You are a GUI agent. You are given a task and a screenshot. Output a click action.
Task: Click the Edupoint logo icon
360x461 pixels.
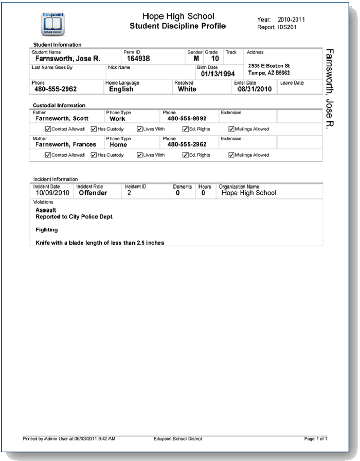52,23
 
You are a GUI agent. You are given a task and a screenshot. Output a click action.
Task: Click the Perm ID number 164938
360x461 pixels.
138,59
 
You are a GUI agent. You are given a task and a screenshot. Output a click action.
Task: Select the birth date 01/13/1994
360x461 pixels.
218,74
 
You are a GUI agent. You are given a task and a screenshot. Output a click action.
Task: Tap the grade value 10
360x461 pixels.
214,59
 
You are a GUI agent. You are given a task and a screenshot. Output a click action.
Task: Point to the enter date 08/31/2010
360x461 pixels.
254,89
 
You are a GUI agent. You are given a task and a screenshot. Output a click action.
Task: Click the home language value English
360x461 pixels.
121,89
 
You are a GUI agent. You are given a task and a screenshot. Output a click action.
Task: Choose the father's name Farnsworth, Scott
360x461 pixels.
62,119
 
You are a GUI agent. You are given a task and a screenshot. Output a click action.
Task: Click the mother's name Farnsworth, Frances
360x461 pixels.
65,144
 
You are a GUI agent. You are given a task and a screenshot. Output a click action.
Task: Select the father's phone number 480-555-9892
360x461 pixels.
187,119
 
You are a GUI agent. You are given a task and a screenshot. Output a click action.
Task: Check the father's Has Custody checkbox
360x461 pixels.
94,129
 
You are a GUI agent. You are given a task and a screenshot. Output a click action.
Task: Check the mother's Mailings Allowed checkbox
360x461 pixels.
231,155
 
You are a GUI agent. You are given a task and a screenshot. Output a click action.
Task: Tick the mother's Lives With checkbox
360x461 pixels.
139,155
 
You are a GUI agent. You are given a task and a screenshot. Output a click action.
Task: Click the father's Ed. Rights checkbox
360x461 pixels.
186,129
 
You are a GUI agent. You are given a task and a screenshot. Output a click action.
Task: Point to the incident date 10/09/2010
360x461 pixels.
52,193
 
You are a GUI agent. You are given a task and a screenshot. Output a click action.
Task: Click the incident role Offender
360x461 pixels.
93,193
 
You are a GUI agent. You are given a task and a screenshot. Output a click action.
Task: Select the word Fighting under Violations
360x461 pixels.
46,230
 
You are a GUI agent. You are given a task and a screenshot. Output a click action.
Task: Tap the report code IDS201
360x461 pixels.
287,27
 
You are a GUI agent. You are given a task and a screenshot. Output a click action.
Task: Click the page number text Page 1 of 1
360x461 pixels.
316,438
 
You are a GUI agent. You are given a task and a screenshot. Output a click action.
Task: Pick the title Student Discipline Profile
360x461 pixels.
178,26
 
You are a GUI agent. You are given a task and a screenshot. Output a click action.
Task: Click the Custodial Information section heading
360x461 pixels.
59,105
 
